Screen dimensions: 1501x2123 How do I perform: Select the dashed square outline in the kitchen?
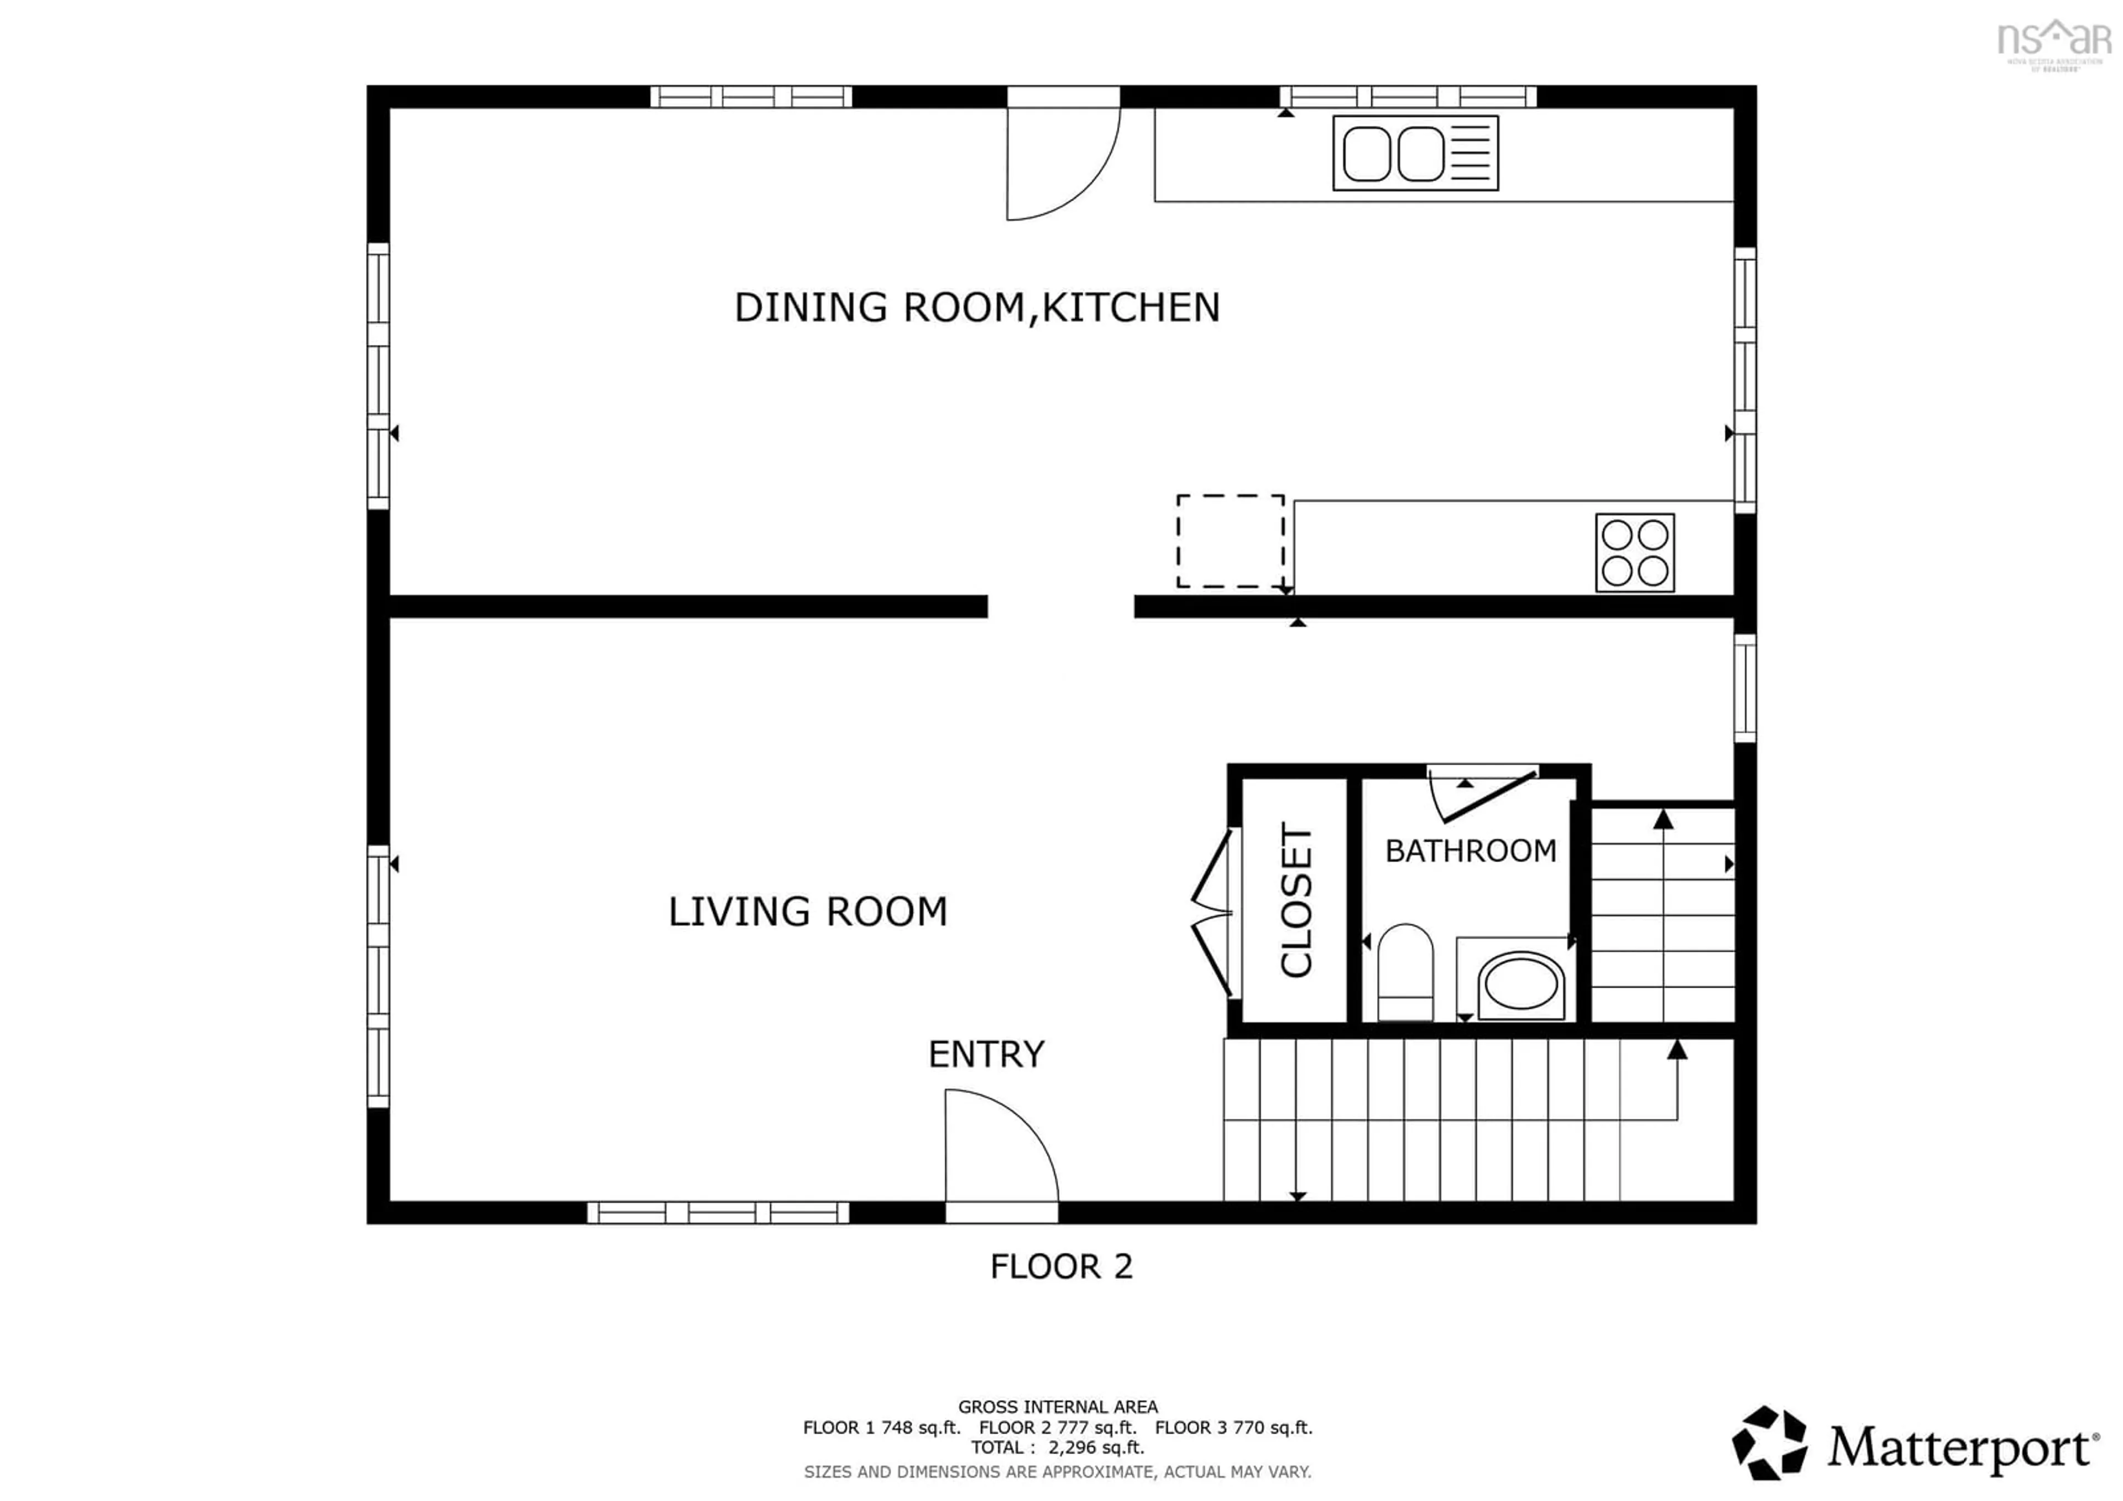click(1230, 541)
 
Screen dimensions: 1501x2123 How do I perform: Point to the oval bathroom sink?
click(1521, 986)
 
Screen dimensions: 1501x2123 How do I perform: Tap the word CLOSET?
click(1296, 899)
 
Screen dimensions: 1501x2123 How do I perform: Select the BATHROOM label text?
click(1470, 851)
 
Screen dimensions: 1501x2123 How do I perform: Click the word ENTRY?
click(986, 1054)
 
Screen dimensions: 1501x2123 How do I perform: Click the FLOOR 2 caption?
click(1060, 1266)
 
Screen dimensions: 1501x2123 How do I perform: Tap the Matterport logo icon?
click(1769, 1443)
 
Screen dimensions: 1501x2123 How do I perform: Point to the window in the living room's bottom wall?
click(718, 1212)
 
